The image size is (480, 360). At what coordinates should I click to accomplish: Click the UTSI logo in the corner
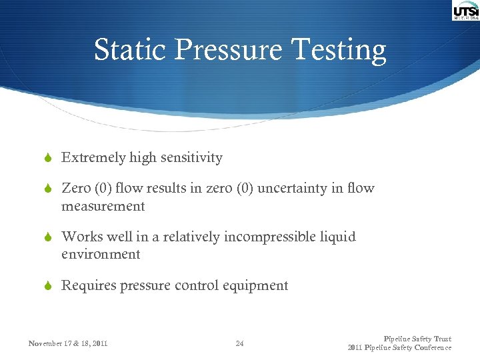point(465,11)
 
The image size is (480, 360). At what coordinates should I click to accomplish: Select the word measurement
point(103,206)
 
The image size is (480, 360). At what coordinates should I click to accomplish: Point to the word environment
point(101,254)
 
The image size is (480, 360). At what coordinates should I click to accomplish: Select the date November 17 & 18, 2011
point(68,344)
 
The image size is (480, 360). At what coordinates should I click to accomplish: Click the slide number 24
point(239,344)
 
